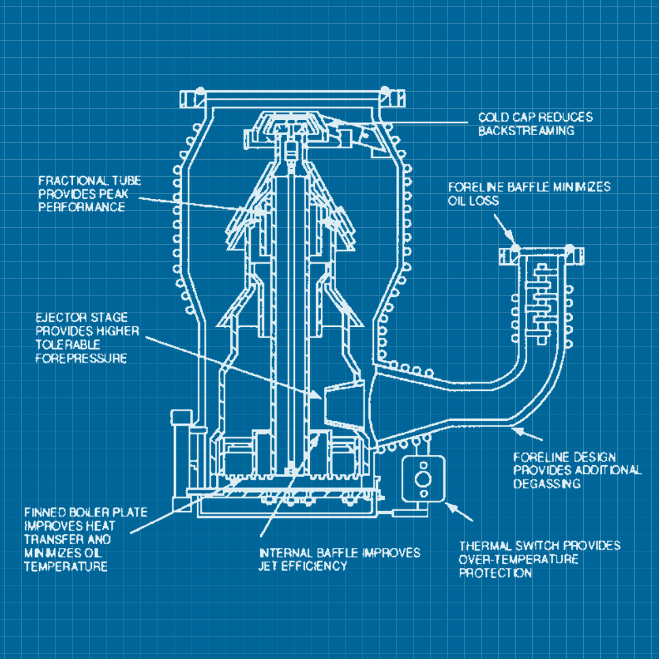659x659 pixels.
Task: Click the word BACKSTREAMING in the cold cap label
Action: [x=526, y=131]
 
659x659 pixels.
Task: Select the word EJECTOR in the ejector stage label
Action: [x=54, y=317]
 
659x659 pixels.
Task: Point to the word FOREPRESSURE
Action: [x=81, y=359]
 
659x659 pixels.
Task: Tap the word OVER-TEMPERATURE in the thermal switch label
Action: [x=518, y=560]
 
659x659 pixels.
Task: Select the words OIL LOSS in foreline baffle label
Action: [x=473, y=200]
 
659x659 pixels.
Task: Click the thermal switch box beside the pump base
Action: [x=423, y=479]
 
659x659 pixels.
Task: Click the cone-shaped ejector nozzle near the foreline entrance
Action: [x=344, y=404]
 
